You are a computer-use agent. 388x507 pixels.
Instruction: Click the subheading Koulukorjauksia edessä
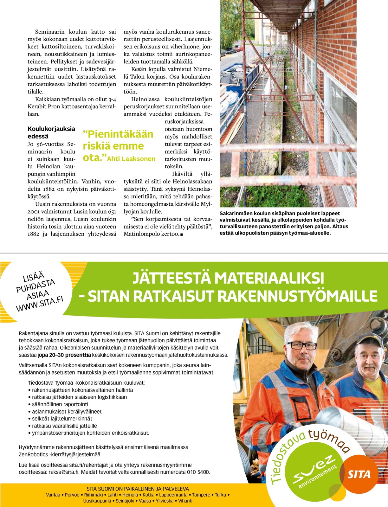point(51,132)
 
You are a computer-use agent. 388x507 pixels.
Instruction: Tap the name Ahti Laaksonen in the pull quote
point(131,159)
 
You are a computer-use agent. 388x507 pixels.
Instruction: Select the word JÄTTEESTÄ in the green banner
point(171,278)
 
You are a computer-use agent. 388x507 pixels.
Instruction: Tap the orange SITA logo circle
point(359,474)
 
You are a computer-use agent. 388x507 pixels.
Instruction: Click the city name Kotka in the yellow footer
point(148,495)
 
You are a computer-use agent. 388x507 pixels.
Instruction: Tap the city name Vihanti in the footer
point(185,501)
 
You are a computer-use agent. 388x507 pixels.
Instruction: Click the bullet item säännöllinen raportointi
point(60,404)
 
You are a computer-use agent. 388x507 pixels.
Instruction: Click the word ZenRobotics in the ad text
point(32,454)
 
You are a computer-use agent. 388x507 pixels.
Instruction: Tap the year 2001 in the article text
point(34,212)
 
